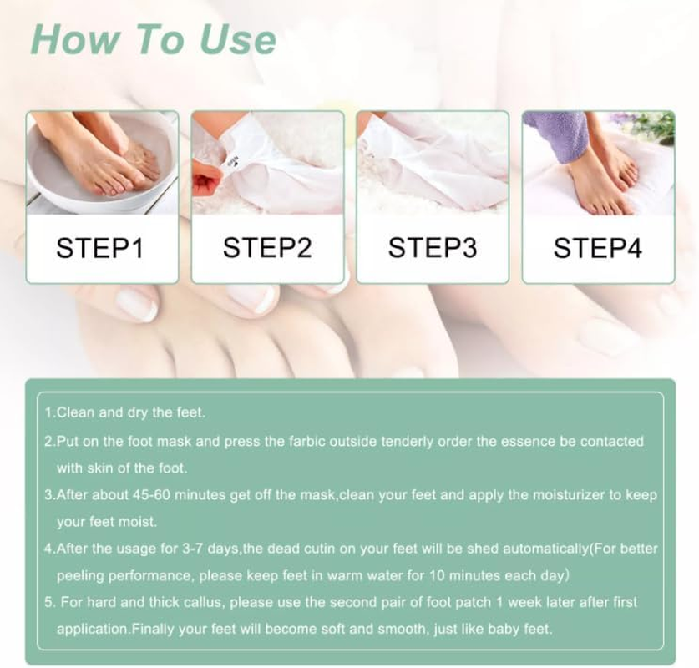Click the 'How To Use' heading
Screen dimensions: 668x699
pos(153,39)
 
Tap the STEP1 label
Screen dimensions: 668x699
pos(101,249)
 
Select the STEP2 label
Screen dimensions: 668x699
pos(266,249)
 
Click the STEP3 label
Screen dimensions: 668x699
pos(432,249)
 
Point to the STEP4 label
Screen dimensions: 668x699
pos(598,249)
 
